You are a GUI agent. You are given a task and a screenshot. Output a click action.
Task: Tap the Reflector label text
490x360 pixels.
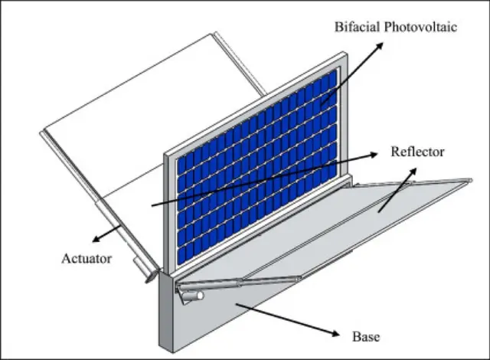[x=417, y=152]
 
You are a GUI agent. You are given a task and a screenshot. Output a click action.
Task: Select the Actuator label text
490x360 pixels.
[x=87, y=258]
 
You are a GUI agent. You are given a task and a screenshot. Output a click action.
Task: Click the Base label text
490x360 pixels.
[x=365, y=336]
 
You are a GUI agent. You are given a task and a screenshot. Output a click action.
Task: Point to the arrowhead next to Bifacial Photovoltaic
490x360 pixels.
[x=381, y=45]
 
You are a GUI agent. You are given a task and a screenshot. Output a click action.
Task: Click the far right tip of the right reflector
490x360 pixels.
[x=469, y=181]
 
